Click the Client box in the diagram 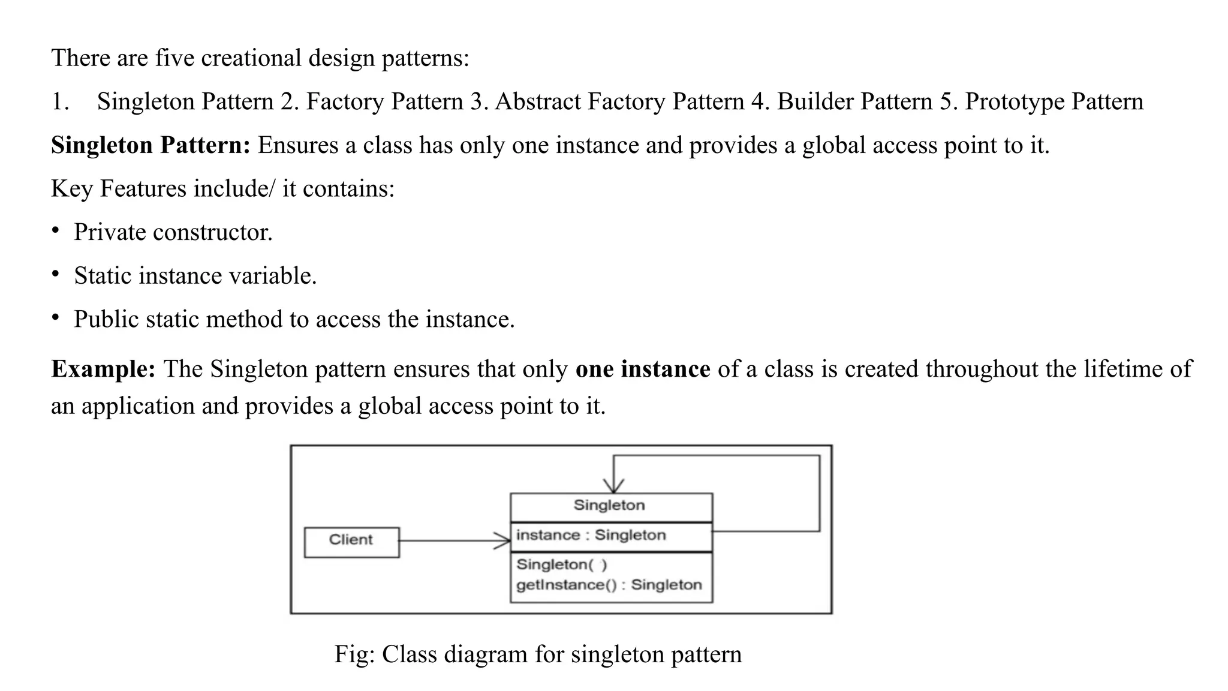click(351, 542)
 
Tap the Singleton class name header click(609, 506)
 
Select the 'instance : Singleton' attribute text click(591, 535)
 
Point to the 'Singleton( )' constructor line click(561, 564)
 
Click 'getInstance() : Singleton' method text click(609, 585)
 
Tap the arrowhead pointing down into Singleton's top click(613, 486)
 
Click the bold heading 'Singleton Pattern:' click(151, 145)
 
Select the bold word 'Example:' click(103, 369)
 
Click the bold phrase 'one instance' click(642, 369)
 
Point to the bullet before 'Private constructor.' click(55, 230)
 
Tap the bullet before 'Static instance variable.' click(55, 274)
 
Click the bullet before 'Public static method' click(55, 317)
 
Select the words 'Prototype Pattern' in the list click(1054, 101)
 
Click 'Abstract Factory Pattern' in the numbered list click(619, 101)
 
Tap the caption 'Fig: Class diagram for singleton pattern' click(538, 654)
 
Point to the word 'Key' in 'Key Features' click(72, 189)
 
